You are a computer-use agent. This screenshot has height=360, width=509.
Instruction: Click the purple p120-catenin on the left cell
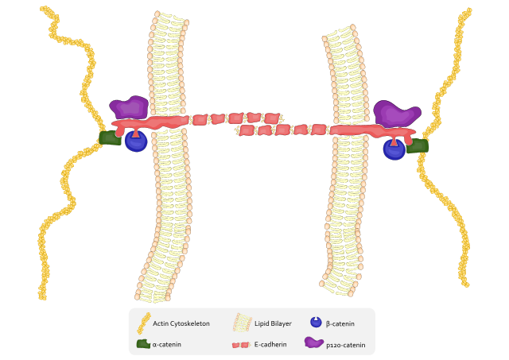129,106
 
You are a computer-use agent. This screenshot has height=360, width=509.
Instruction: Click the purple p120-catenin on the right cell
396,113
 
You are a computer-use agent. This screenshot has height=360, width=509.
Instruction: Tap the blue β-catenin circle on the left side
135,141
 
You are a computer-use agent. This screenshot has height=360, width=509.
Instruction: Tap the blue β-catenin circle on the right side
394,149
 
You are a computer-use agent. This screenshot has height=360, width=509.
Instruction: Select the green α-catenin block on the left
110,137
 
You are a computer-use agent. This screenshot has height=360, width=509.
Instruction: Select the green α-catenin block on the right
418,145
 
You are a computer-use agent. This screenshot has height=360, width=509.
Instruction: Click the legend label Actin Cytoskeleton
181,323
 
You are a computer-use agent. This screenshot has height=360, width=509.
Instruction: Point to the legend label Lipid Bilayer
273,323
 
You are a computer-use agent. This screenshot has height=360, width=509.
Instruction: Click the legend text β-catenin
340,323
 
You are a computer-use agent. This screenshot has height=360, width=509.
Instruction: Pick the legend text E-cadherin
271,345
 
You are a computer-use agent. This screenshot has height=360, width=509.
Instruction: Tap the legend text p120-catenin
346,345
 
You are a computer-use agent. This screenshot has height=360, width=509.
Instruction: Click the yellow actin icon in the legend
143,322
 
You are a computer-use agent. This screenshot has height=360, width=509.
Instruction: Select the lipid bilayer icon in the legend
241,322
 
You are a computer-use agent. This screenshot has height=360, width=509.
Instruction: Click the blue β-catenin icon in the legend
316,322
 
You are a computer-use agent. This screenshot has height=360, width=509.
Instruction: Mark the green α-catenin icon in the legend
143,344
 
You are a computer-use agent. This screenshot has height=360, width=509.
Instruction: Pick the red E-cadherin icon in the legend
240,345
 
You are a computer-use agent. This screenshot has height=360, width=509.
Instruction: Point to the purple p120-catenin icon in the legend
314,343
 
